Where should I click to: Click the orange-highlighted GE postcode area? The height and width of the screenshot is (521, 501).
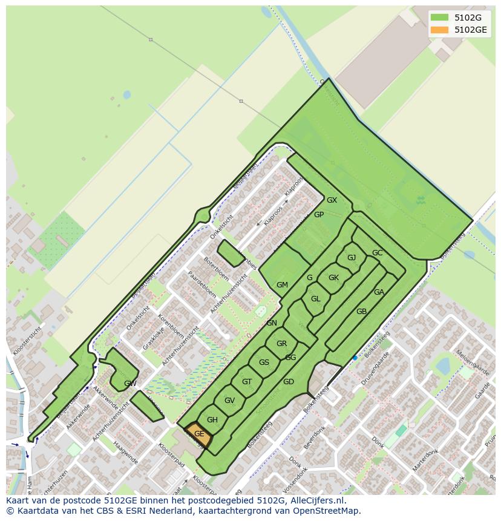click(198, 434)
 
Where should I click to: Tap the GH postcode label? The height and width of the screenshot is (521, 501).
click(212, 420)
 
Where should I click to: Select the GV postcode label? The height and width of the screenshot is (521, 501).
click(229, 401)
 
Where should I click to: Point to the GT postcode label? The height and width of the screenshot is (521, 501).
click(247, 382)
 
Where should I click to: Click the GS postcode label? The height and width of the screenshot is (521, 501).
click(264, 362)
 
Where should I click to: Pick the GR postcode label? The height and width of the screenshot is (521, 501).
click(281, 344)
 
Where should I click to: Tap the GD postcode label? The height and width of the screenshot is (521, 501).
click(288, 382)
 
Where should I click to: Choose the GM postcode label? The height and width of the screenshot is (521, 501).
click(282, 285)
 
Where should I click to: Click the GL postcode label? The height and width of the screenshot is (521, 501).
click(315, 299)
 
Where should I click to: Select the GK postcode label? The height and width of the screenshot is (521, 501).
click(333, 278)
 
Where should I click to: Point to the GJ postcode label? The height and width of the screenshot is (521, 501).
click(351, 258)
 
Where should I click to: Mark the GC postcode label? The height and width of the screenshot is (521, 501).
click(377, 253)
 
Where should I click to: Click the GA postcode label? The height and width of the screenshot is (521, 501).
click(379, 292)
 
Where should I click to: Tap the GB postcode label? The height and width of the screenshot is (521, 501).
click(361, 312)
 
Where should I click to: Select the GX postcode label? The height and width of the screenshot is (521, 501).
click(332, 200)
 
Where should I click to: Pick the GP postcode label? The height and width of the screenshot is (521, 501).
click(319, 215)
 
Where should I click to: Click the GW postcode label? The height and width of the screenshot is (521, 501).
click(130, 384)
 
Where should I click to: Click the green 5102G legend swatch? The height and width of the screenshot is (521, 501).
click(440, 18)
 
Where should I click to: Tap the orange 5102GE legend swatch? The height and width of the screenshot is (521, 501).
click(440, 30)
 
